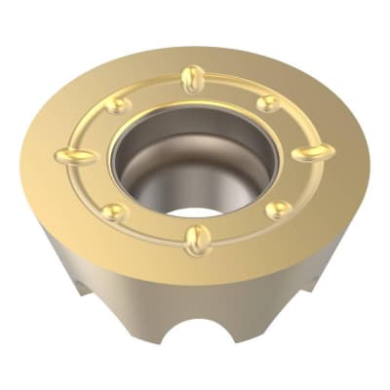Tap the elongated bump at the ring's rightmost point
[312, 152]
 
